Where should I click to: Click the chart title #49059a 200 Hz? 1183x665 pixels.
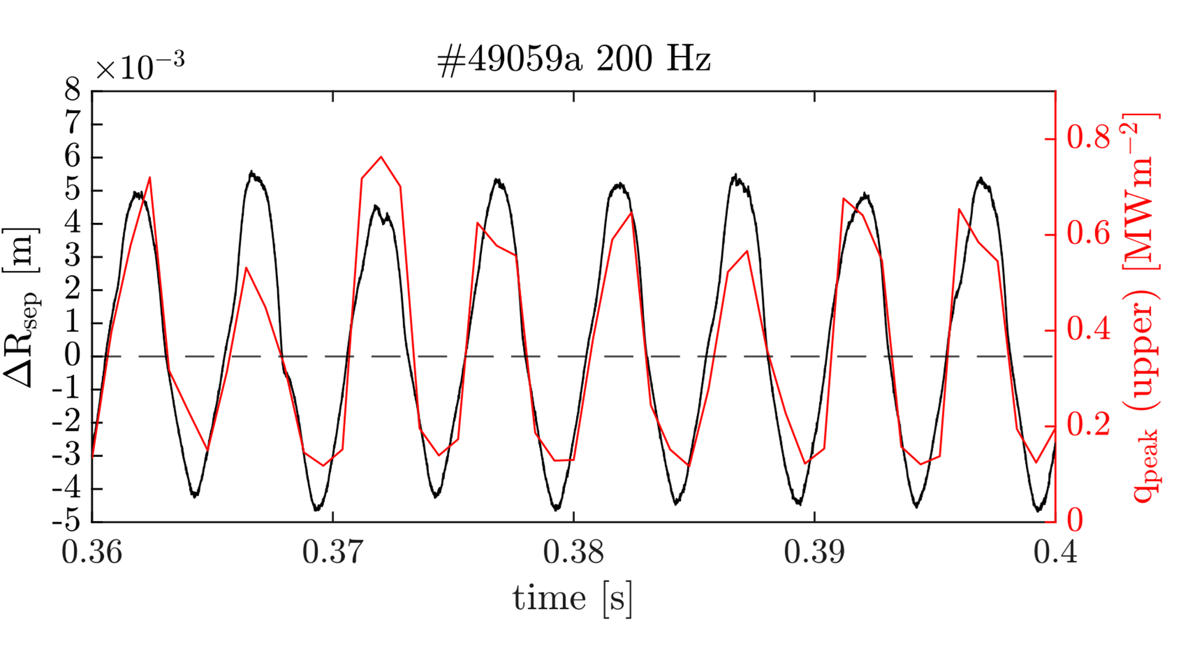[574, 60]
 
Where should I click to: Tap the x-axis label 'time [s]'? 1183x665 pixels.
[572, 598]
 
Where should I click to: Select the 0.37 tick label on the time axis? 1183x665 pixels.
[333, 552]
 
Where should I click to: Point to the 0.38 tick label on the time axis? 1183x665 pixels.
[574, 552]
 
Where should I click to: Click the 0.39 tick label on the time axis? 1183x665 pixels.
[815, 552]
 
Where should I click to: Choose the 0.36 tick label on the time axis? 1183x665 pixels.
[92, 552]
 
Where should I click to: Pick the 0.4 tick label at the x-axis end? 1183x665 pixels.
[1055, 552]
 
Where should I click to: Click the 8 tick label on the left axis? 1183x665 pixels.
[73, 91]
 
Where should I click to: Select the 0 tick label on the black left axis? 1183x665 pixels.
[73, 356]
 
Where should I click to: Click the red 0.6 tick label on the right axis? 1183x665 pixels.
[1089, 234]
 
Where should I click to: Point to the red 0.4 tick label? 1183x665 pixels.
[1089, 329]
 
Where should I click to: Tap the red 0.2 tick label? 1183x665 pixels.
[1089, 425]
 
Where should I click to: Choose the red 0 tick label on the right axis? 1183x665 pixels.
[1075, 521]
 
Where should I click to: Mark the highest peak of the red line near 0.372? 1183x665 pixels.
[381, 157]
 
